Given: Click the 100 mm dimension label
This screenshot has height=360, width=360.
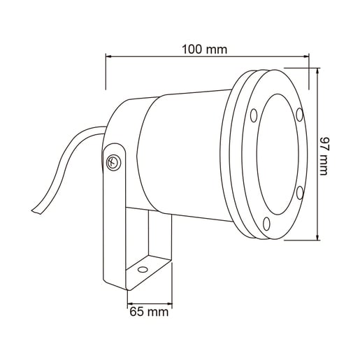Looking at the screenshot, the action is (204, 50).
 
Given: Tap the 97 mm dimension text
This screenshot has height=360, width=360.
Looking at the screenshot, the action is (324, 156).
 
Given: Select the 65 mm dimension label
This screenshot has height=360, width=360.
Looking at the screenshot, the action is (149, 312).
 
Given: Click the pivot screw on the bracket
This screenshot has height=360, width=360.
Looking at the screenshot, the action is (113, 163).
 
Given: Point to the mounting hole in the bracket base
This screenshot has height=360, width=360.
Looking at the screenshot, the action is (143, 270).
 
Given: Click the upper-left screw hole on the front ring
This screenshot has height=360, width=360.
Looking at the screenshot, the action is (254, 115).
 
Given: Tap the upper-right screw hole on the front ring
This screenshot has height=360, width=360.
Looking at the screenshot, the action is (300, 115).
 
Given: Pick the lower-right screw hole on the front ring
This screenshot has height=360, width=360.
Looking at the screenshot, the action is (300, 193).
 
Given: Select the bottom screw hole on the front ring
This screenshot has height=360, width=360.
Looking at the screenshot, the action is (266, 224).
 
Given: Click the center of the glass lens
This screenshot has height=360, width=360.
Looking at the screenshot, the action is (278, 154).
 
